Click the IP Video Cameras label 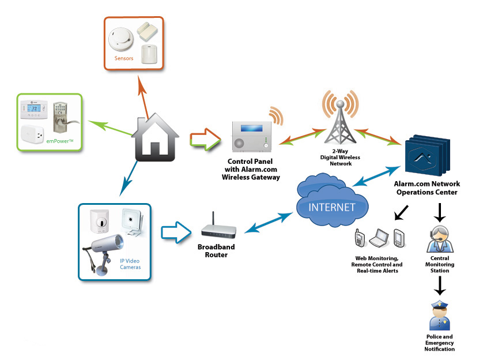(x=130, y=264)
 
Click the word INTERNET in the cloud (x=333, y=207)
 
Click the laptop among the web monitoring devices (x=379, y=237)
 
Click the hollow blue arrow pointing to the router (x=175, y=232)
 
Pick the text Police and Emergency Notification (x=440, y=343)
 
